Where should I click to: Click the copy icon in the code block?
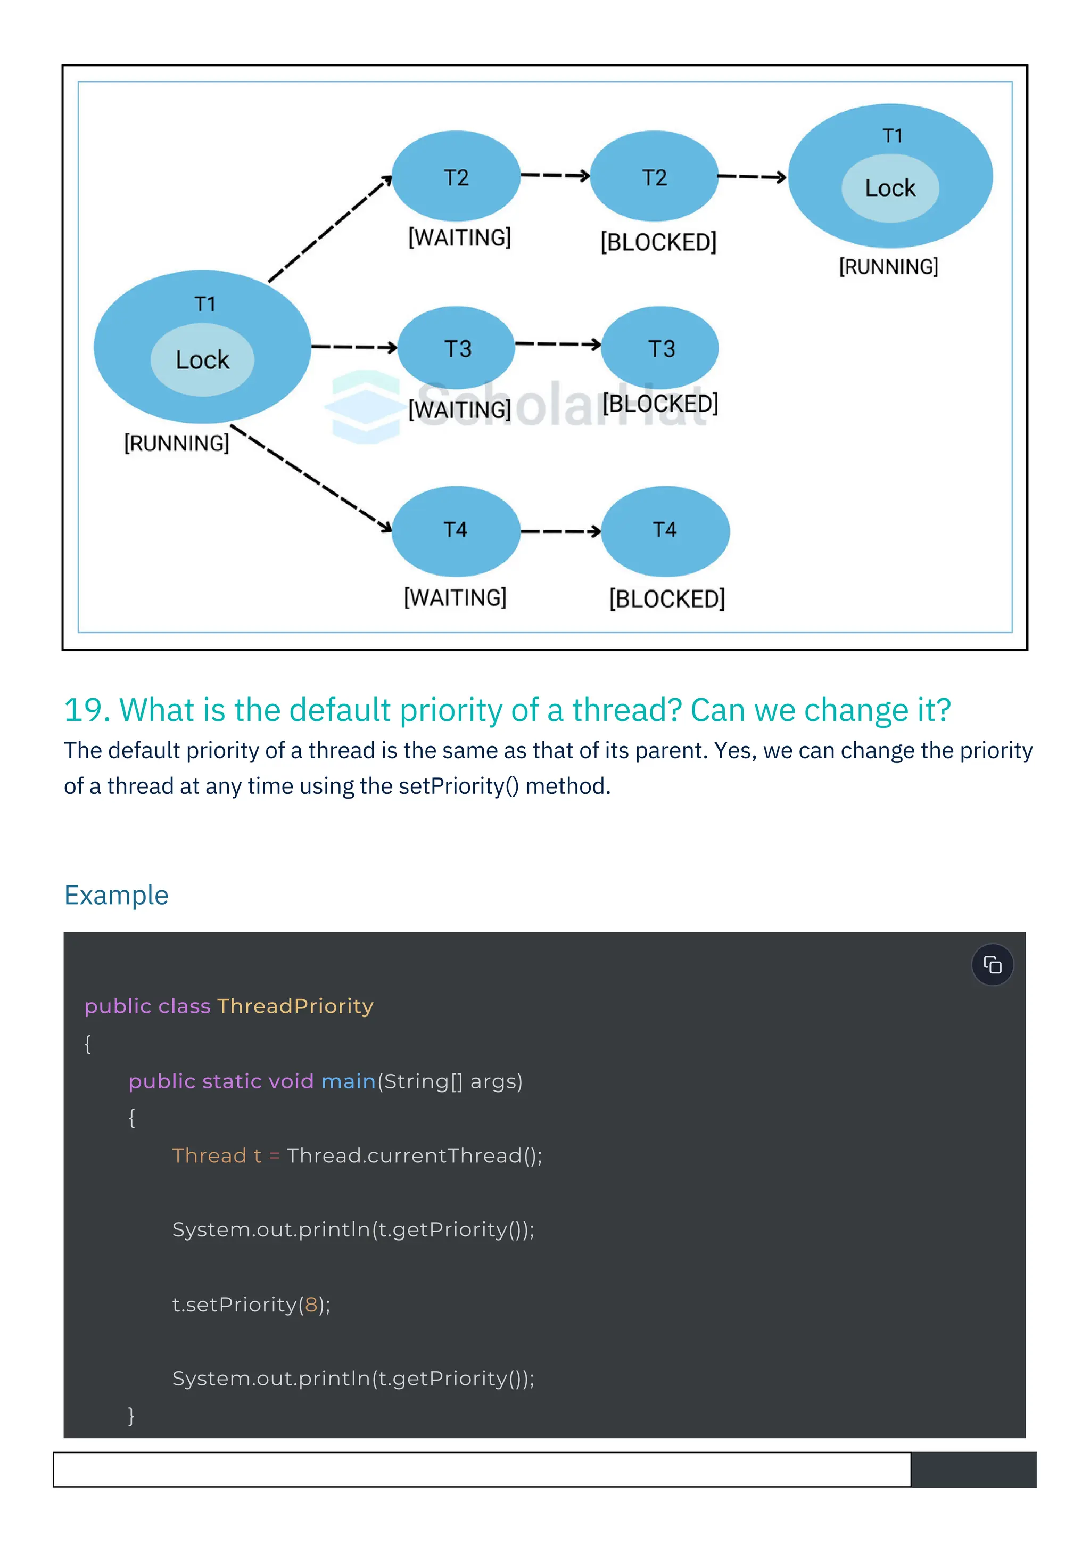click(992, 965)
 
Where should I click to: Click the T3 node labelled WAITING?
click(457, 348)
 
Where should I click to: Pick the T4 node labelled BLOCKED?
click(665, 530)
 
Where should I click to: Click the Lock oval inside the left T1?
click(202, 360)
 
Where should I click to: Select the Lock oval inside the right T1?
click(890, 188)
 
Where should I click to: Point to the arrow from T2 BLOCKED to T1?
click(752, 177)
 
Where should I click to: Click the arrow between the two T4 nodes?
click(560, 531)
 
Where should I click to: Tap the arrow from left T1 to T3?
click(354, 347)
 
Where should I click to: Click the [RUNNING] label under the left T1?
click(177, 443)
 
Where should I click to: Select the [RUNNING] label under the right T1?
click(889, 267)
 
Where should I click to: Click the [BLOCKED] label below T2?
click(658, 242)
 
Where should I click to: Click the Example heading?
click(116, 895)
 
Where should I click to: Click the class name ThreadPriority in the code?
click(295, 1006)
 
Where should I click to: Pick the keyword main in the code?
click(349, 1081)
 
